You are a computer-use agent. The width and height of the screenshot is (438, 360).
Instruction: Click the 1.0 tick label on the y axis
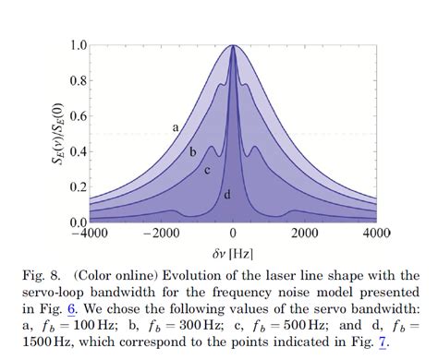pos(78,45)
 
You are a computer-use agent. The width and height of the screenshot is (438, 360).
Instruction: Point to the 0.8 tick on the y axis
pos(78,80)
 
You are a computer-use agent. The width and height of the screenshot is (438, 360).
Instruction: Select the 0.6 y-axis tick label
pos(78,116)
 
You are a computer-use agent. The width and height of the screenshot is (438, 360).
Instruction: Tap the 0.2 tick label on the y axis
pos(78,187)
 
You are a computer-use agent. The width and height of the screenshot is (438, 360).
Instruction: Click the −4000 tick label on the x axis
pos(90,233)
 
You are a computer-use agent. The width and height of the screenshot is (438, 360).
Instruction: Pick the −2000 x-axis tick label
pos(161,233)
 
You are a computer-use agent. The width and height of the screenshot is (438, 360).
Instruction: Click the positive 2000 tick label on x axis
pos(304,233)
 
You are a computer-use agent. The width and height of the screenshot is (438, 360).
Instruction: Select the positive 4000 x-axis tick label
pos(375,233)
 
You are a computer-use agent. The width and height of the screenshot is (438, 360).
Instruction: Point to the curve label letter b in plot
pos(192,151)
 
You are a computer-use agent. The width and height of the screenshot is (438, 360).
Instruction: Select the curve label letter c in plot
pos(208,170)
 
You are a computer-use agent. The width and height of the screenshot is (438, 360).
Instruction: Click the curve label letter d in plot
pos(227,195)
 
